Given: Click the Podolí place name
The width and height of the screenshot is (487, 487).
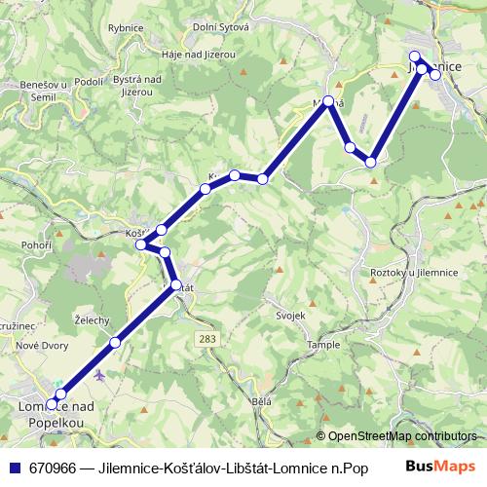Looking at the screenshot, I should [89, 82].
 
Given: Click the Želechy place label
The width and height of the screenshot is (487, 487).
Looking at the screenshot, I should [92, 319].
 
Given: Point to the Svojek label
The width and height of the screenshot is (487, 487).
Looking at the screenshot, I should [290, 316].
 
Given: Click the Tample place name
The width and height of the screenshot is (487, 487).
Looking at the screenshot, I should [323, 345].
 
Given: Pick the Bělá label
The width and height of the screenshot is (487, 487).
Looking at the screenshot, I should [260, 401].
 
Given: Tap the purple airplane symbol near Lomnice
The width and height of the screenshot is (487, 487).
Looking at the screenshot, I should [99, 374].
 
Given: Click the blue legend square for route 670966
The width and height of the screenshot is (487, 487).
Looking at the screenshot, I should [15, 468].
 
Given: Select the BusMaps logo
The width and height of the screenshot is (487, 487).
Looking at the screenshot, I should [441, 468].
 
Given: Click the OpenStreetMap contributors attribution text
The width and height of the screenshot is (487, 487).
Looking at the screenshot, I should [400, 436].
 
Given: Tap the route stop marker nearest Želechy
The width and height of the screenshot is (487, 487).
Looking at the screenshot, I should [115, 342].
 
